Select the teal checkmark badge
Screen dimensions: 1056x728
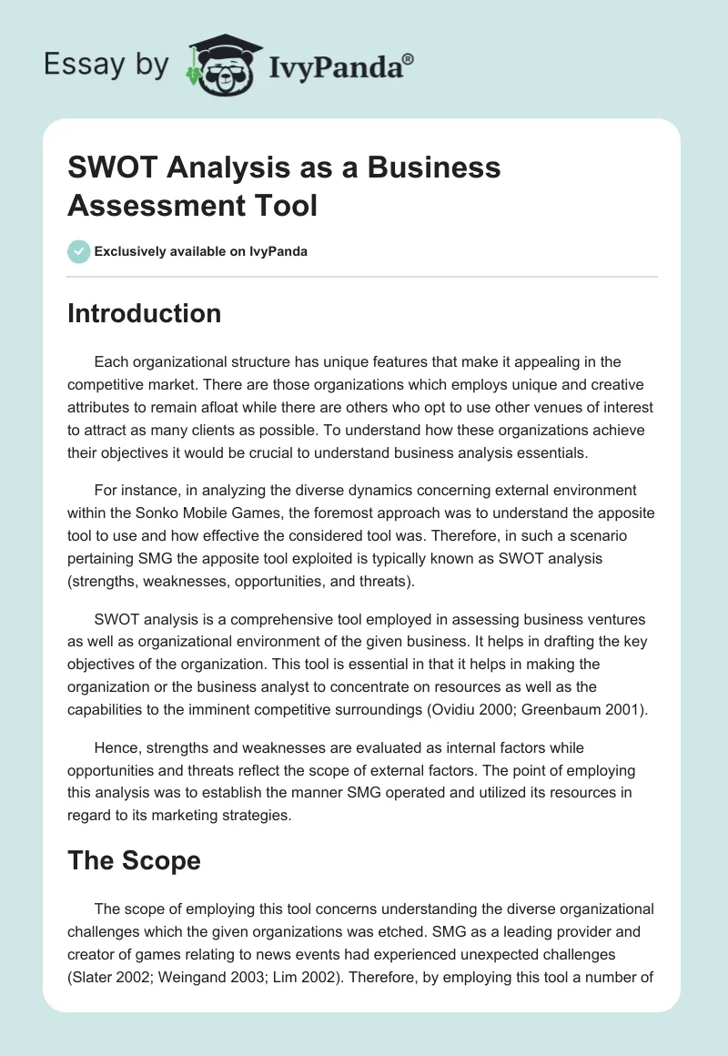pyautogui.click(x=79, y=251)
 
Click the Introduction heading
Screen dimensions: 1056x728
pyautogui.click(x=145, y=313)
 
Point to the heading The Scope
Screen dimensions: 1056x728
pyautogui.click(x=134, y=860)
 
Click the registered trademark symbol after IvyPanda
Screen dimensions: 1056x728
pyautogui.click(x=409, y=59)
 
